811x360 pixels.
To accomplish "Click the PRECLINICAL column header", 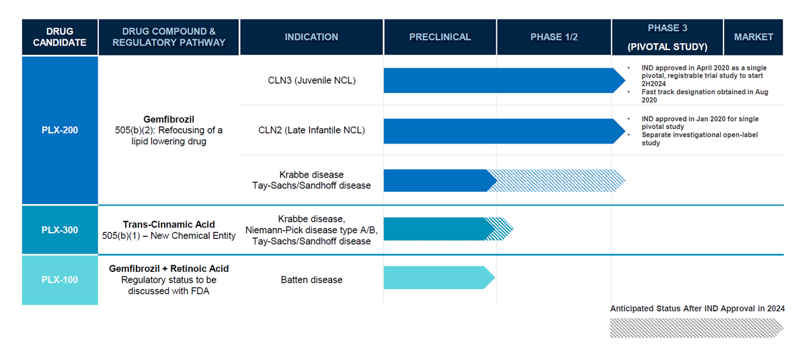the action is (440, 37).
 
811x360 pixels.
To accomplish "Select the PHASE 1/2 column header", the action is (554, 37).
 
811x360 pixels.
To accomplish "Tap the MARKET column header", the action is (754, 37).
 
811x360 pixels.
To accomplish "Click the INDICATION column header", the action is (312, 37).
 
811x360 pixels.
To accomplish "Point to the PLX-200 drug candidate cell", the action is (60, 130).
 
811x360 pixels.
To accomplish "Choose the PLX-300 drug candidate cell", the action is (60, 230).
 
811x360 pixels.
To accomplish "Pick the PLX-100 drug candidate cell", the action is (60, 280).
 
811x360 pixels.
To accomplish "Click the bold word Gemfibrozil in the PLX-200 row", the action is (169, 119).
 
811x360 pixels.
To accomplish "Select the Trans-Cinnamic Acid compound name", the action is (169, 224).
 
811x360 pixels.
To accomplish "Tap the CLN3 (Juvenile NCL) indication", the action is (312, 81).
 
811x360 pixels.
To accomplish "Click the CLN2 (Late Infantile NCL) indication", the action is (312, 130).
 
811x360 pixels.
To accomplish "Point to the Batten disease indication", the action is (312, 280).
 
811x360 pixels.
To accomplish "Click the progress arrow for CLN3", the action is (505, 81).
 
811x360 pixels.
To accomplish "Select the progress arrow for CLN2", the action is (505, 131).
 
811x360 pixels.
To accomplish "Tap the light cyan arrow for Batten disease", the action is (439, 278).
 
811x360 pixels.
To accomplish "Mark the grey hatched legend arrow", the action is (696, 328).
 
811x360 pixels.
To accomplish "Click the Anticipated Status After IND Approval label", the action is (697, 308).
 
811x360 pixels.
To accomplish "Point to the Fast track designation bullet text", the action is (705, 96).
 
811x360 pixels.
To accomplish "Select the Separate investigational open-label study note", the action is (700, 138).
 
